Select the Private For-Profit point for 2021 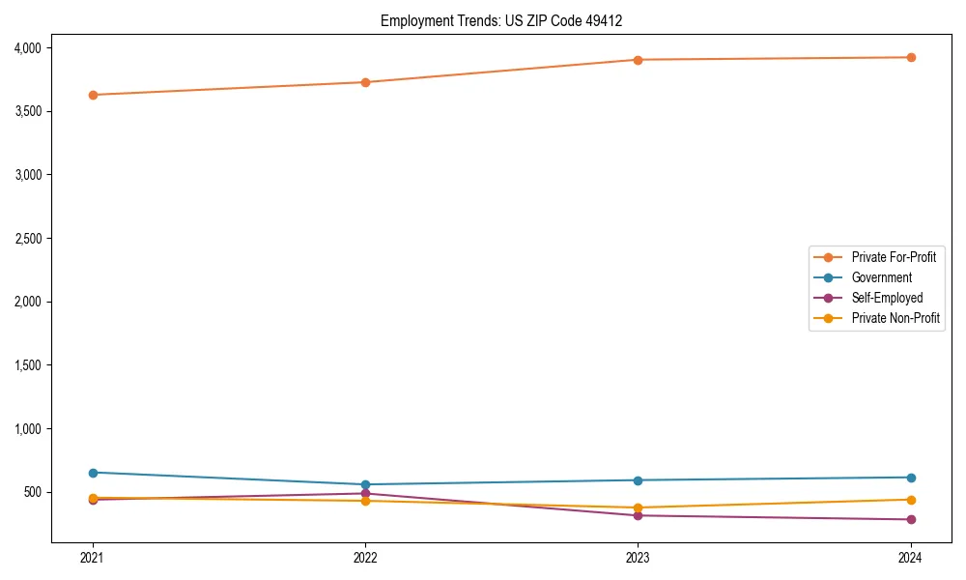point(93,95)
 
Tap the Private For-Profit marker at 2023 point(639,60)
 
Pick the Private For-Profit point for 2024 point(911,57)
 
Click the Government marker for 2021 point(93,473)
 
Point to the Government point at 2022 point(365,484)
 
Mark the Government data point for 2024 point(911,478)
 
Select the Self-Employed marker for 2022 point(365,493)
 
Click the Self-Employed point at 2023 point(639,515)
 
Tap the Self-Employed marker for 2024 point(911,519)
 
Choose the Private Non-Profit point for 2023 point(639,507)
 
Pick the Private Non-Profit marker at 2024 point(911,500)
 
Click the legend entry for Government point(881,277)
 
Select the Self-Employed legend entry point(887,298)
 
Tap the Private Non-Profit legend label point(895,318)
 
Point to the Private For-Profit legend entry point(894,257)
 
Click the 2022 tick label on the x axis point(365,557)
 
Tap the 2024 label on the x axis point(911,557)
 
